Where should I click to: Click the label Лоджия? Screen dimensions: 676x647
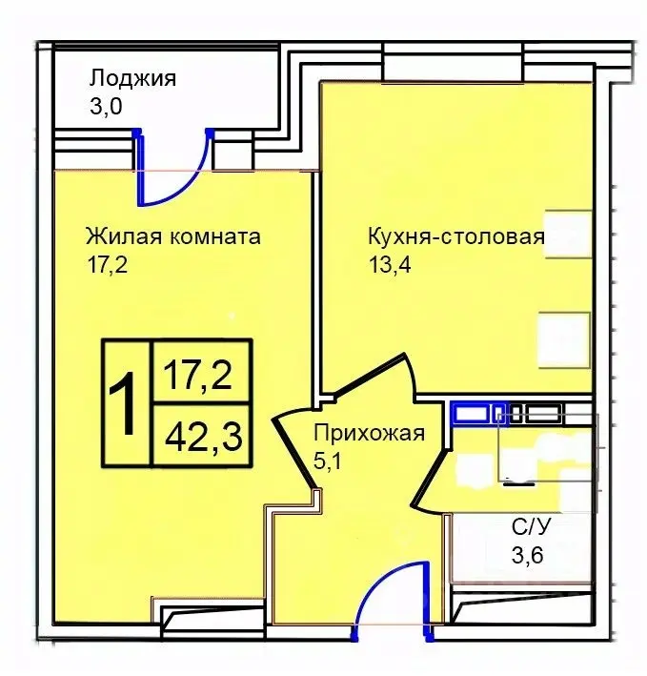(x=132, y=78)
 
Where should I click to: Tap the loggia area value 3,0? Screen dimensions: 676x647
(x=106, y=106)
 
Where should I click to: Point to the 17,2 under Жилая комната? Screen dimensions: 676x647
(x=106, y=264)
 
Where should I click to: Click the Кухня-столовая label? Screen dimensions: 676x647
(x=455, y=236)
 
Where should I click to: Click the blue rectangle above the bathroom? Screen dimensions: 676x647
(x=471, y=413)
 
